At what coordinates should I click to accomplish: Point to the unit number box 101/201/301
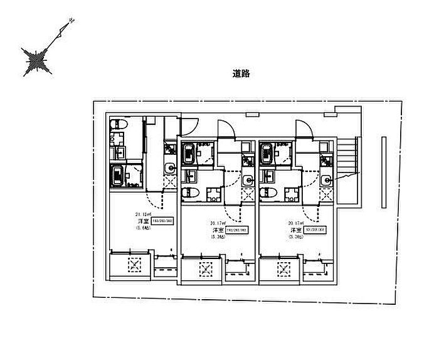coord(315,230)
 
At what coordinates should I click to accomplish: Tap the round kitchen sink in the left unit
coord(169,167)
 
